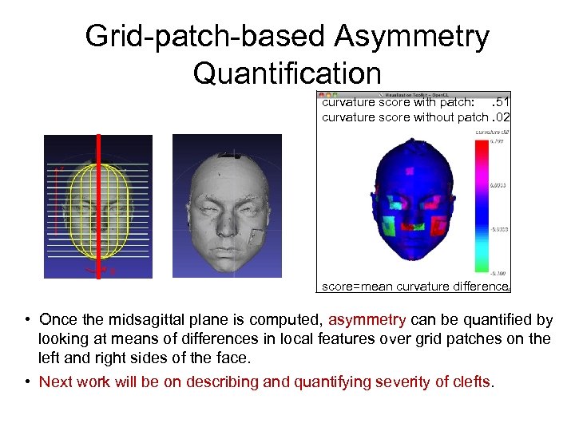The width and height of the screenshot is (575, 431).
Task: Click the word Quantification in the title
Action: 287,73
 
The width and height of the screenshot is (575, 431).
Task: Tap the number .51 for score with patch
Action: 501,102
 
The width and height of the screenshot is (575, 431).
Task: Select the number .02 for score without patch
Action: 501,117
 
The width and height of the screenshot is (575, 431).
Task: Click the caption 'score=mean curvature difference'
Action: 414,286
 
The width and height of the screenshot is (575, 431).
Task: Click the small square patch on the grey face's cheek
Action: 257,237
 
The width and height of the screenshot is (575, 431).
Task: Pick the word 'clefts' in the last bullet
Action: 470,382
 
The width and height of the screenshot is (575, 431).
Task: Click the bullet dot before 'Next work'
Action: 27,382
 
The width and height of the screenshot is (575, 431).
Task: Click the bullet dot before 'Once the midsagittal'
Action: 27,320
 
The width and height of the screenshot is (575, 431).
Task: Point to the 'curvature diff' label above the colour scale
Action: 493,132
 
